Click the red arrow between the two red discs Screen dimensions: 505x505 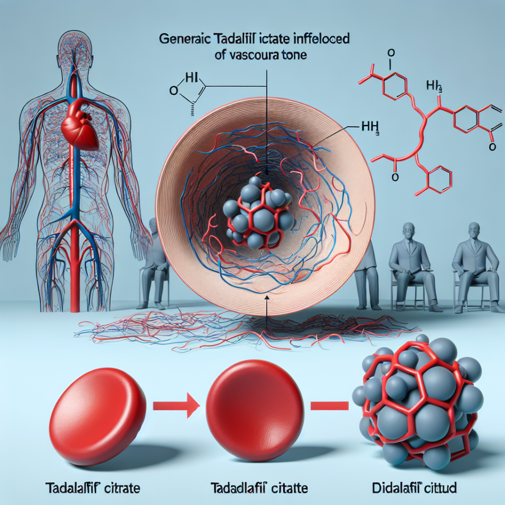(176, 406)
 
